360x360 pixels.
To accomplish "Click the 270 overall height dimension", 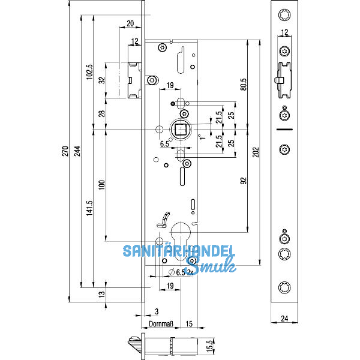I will point(65,154).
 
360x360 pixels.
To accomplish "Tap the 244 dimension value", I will point(76,154).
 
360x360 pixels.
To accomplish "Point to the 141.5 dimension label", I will point(89,208).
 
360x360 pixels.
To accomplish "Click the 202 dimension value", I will point(257,154).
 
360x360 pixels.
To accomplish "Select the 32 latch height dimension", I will point(101,80).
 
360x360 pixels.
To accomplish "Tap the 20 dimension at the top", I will point(130,24).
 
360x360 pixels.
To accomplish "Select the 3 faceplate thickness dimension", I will point(156,311).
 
